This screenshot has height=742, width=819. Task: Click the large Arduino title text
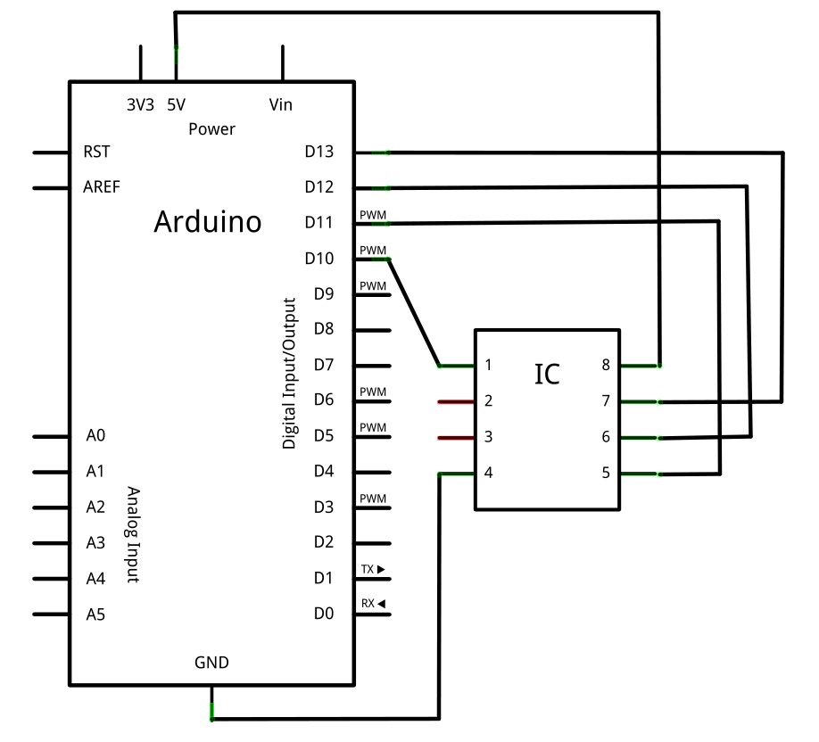[x=208, y=221]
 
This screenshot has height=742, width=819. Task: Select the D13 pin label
[x=318, y=152]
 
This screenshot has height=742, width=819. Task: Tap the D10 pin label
[x=318, y=259]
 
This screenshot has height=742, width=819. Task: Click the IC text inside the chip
[x=547, y=375]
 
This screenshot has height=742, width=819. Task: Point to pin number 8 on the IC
[x=606, y=366]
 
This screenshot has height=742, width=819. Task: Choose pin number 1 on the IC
[x=488, y=366]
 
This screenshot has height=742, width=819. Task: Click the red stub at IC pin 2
[x=456, y=401]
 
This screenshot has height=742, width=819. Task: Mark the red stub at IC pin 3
[x=456, y=437]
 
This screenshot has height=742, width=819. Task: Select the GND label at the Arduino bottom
[x=211, y=663]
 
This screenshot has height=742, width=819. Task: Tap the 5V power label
[x=176, y=104]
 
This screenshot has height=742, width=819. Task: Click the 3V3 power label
[x=140, y=104]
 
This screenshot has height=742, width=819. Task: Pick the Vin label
[x=280, y=104]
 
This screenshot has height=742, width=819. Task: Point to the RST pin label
[x=96, y=152]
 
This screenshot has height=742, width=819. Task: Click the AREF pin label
[x=102, y=187]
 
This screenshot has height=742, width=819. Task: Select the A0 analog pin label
[x=95, y=436]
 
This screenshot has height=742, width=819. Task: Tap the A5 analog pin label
[x=95, y=614]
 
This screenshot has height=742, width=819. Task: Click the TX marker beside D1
[x=372, y=568]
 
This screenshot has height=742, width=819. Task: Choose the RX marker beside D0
[x=372, y=604]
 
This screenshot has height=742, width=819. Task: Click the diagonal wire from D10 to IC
[x=414, y=312]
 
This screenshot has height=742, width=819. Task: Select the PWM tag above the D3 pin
[x=373, y=499]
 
